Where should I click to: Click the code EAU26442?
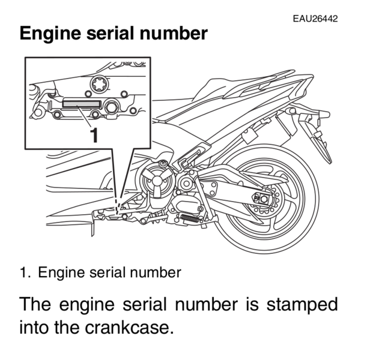coord(315,19)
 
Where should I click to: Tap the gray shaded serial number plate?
coord(81,104)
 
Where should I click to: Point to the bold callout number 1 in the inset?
coord(94,135)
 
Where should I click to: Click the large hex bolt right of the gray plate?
coord(111,107)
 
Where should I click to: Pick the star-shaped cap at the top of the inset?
coord(100,85)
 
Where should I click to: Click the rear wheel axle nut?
coord(264,199)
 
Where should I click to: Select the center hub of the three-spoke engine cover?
coord(157,181)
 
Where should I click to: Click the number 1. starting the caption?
coord(25,272)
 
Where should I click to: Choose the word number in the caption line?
coord(156,272)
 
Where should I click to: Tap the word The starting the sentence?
coord(35,304)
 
